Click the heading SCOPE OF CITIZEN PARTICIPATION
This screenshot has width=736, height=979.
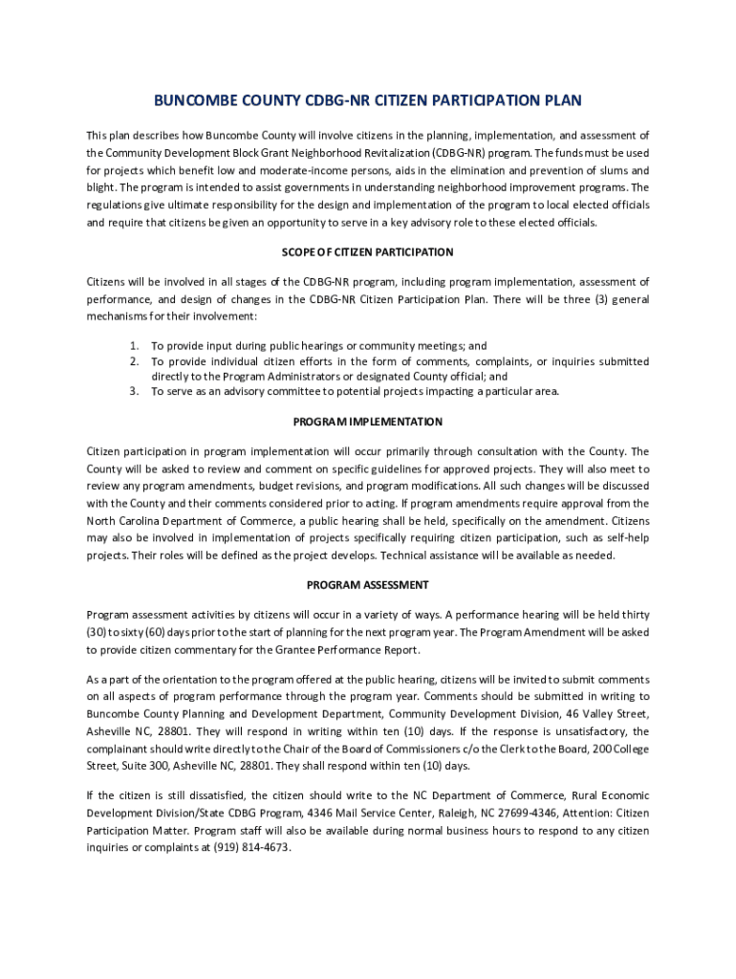point(368,252)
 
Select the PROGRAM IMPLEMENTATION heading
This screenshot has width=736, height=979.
point(368,422)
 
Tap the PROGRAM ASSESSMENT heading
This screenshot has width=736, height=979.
point(368,585)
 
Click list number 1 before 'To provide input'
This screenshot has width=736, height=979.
point(135,346)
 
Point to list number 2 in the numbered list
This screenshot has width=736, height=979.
point(135,361)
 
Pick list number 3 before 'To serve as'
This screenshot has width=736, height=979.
point(135,391)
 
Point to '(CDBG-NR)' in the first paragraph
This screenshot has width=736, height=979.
point(460,153)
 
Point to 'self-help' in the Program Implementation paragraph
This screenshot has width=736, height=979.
point(626,537)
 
